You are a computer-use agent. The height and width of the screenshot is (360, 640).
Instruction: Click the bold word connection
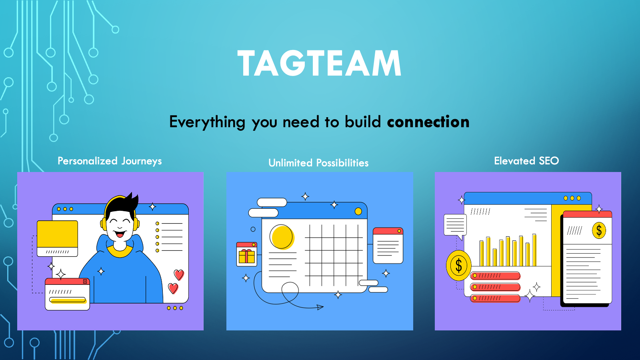point(428,122)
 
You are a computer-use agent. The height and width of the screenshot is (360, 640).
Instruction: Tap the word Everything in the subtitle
point(207,122)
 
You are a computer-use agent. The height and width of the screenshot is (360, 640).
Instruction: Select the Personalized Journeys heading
point(110,161)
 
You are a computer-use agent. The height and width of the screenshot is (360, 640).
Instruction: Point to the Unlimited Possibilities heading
point(318,163)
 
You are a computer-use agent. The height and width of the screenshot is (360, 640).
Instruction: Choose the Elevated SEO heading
point(526,160)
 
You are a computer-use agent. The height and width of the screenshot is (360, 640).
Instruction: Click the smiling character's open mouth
point(120,234)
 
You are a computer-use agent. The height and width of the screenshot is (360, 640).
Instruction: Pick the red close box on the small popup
point(85,282)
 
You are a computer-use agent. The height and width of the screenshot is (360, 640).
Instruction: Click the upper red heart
point(179,275)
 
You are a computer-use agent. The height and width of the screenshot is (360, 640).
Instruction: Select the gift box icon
point(246,254)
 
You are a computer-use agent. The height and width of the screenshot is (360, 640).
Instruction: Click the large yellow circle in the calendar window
point(282,237)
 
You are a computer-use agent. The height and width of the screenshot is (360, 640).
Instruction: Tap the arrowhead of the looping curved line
point(320,307)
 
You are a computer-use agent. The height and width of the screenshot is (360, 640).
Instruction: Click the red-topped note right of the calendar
point(388,246)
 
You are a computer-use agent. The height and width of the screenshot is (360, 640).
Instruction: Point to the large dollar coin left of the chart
point(459,266)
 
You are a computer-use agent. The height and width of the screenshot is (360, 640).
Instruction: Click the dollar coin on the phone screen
point(599,230)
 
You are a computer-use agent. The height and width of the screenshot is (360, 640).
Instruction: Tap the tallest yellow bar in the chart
point(534,250)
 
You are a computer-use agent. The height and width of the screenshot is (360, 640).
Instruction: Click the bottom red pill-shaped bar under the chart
point(495,298)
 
